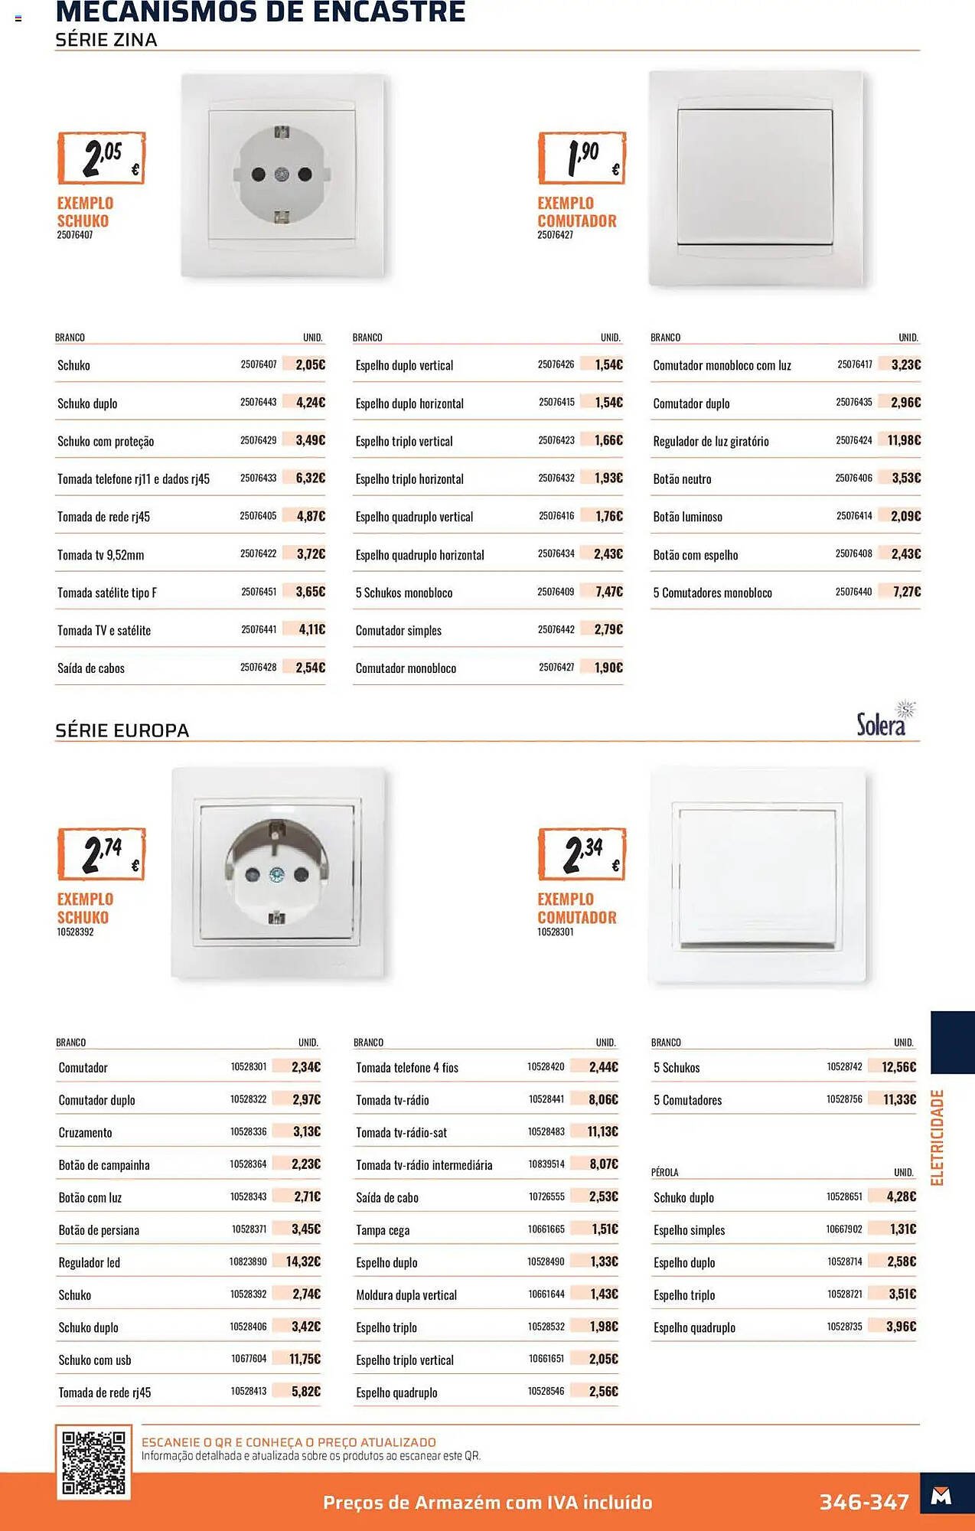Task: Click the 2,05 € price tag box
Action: point(101,158)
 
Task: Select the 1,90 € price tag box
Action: point(582,158)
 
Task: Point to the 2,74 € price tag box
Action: point(101,854)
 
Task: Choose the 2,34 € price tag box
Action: point(582,854)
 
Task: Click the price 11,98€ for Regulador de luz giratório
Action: point(904,440)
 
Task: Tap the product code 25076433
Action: point(258,478)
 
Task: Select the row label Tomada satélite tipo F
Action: point(107,592)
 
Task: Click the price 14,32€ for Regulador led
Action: point(303,1262)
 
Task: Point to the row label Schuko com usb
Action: point(95,1360)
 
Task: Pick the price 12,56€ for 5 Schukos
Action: point(898,1067)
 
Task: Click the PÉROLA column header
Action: point(664,1172)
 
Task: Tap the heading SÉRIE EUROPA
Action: point(122,730)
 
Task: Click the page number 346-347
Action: point(864,1502)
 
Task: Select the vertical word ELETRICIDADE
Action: point(937,1138)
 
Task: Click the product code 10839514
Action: point(546,1164)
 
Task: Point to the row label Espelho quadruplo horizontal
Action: point(419,555)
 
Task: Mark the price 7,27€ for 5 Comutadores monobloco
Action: point(907,592)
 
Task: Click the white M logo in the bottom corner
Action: point(941,1496)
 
